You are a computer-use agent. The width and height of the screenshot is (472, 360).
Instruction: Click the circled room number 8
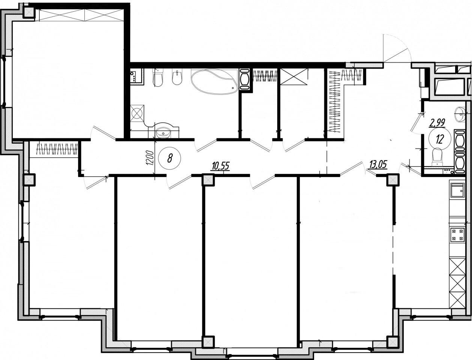coord(170,159)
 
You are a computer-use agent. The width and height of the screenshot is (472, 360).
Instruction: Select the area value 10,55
coord(221,166)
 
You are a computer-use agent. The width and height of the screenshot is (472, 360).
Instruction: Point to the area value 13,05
coord(378,165)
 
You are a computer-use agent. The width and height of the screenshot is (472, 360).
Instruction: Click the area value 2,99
coord(437,123)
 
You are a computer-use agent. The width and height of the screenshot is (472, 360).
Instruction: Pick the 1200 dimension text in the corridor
coord(150,158)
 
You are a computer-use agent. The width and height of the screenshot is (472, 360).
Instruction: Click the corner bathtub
coord(214,81)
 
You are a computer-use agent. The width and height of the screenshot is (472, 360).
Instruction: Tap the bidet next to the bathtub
coord(177,77)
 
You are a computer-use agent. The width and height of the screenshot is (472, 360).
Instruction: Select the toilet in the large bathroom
coord(158,77)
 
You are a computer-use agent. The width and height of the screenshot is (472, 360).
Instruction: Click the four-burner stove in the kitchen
coord(457,235)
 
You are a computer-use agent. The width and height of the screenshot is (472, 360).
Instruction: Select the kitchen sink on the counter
coord(457,190)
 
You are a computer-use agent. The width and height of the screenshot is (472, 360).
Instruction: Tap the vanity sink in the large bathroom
coord(164,131)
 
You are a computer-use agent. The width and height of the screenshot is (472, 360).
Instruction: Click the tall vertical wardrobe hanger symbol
coord(335,101)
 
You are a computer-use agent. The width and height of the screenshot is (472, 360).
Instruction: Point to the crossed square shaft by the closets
coord(294,76)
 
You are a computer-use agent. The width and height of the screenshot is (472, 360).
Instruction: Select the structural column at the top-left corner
coord(29,12)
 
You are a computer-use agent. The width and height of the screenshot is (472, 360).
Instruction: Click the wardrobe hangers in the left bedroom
coord(57,149)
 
